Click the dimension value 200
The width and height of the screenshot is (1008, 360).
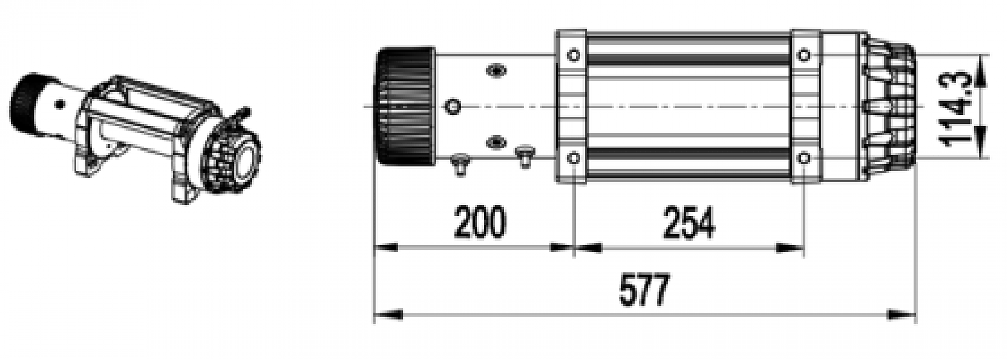(480, 222)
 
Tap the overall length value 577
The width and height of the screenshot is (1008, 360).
(644, 290)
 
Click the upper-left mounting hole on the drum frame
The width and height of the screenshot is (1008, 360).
(573, 55)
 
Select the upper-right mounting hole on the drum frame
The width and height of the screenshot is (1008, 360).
(805, 55)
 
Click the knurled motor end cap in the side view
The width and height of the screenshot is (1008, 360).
(405, 106)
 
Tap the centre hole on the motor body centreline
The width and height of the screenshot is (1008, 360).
(452, 106)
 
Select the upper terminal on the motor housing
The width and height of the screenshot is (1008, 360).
(495, 70)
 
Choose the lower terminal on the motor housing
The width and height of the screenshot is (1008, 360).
(495, 142)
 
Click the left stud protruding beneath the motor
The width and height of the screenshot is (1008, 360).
(459, 163)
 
